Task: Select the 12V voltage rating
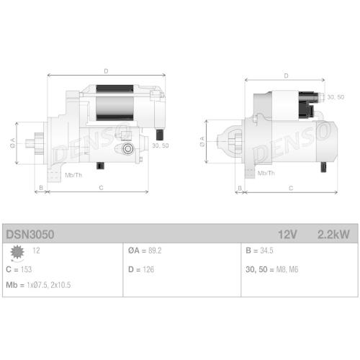(x=287, y=234)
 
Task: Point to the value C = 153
(x=19, y=269)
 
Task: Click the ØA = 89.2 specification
(x=145, y=251)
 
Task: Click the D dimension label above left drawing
(x=105, y=71)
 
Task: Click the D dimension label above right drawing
(x=286, y=75)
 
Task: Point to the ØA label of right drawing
(x=202, y=141)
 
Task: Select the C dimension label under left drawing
(x=101, y=188)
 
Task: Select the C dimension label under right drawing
(x=290, y=188)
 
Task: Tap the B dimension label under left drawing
(x=41, y=188)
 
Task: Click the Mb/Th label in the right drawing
(x=266, y=174)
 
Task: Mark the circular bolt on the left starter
(x=128, y=148)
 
